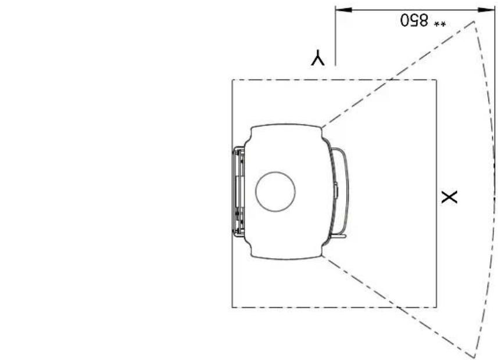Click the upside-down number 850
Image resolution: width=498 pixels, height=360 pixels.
point(414,20)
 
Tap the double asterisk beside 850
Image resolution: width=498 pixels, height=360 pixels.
point(440,24)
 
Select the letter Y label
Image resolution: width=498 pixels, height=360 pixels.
point(318,57)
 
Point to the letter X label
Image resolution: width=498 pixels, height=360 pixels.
point(449,197)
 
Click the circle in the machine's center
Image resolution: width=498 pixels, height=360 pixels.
point(275,192)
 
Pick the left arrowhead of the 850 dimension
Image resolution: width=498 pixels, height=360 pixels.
point(343,10)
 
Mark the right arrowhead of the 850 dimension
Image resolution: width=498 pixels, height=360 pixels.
point(486,10)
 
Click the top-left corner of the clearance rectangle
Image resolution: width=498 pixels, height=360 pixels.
point(232,80)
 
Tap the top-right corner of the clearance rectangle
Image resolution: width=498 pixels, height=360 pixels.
point(436,80)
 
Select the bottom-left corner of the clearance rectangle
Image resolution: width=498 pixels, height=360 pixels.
point(232,307)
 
